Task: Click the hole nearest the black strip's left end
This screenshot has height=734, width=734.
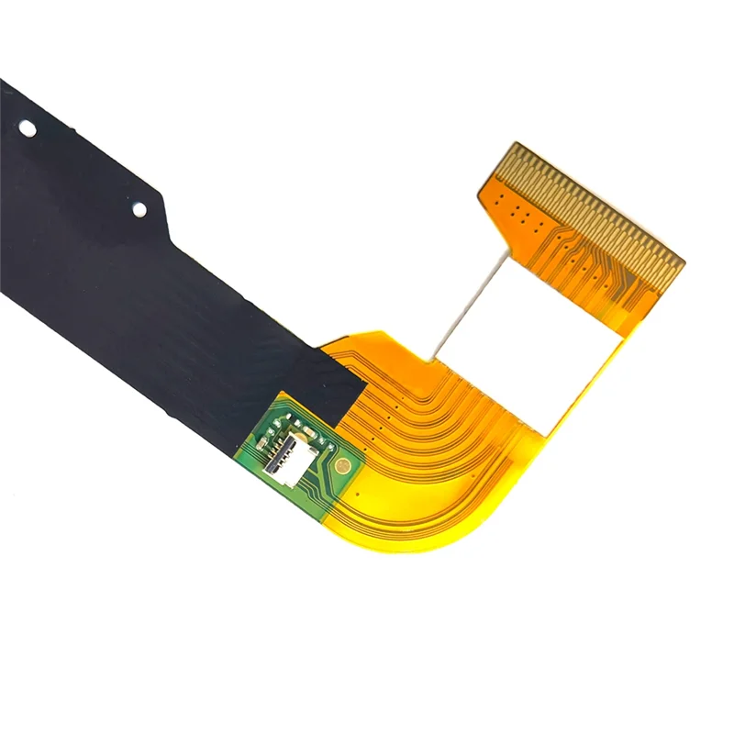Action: coord(28,128)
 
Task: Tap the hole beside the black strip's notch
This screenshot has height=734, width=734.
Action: coord(139,209)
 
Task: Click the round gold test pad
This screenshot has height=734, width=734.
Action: coord(342,465)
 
